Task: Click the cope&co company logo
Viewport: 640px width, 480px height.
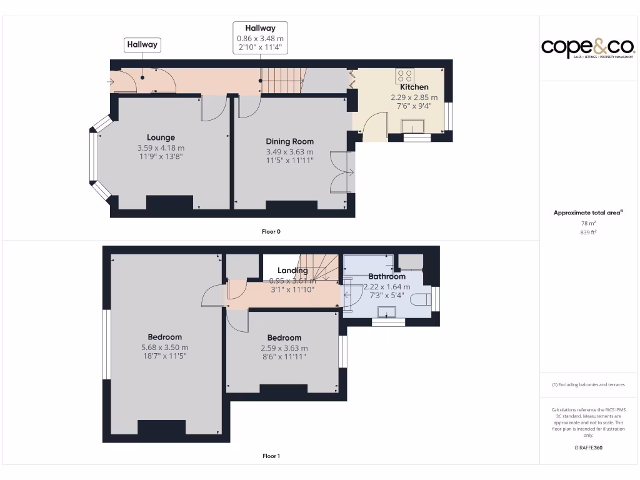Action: tap(587, 47)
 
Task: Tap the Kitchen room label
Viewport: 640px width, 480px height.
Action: tap(414, 87)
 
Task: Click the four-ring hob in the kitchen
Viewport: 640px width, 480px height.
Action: tap(404, 76)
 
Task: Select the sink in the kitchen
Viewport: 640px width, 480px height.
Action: tap(414, 128)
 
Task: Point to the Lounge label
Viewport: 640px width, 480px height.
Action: tap(161, 137)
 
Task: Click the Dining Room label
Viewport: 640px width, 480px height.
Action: tap(289, 141)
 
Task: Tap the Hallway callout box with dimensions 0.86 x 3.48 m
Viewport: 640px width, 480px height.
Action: tap(260, 38)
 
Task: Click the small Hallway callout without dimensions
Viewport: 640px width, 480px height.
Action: tap(142, 45)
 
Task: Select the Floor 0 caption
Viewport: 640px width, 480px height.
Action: tap(271, 231)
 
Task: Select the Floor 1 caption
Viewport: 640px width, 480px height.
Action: tap(271, 456)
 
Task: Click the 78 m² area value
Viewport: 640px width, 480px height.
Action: tap(588, 223)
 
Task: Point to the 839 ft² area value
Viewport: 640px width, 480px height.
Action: tap(588, 232)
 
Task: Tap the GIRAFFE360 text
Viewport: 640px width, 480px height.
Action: tap(588, 447)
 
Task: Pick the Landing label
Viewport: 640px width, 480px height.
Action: tap(292, 271)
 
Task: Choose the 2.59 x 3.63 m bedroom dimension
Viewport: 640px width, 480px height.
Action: tap(284, 348)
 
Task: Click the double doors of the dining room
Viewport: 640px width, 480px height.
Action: tap(342, 172)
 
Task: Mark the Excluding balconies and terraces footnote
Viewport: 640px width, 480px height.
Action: tap(588, 385)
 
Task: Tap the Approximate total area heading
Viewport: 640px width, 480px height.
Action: tap(588, 213)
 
